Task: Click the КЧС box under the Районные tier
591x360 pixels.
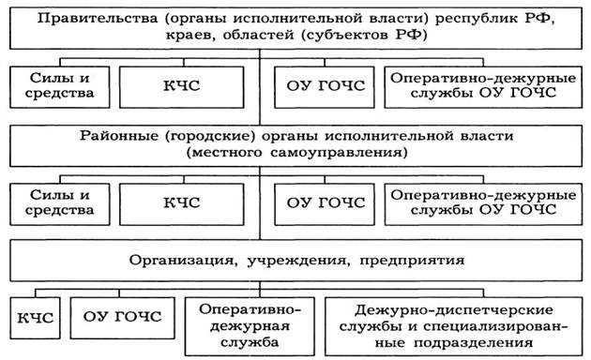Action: coord(188,202)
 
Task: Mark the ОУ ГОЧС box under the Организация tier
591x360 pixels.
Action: coord(122,317)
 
